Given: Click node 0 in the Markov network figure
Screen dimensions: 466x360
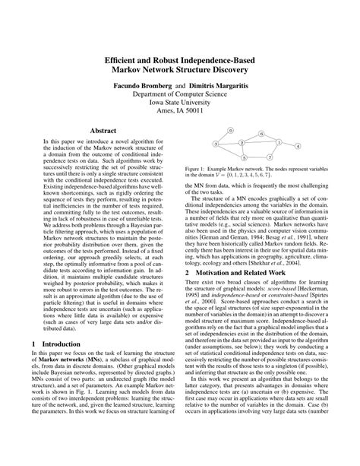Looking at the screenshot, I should click(x=231, y=131).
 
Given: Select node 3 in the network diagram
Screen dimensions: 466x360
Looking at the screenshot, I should click(x=216, y=144).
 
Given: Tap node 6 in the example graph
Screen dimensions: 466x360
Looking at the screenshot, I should click(x=261, y=134).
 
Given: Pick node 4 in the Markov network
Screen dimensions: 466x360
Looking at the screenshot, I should click(x=298, y=146).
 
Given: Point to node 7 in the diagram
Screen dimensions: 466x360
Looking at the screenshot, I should click(x=270, y=157).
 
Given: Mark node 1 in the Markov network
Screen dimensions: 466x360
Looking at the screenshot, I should click(x=279, y=142).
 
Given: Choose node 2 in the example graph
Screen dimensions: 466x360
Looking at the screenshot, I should click(x=242, y=143).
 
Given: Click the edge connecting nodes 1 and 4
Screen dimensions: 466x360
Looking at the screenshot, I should click(x=289, y=144).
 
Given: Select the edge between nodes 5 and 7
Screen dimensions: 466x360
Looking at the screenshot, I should click(x=257, y=157).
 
